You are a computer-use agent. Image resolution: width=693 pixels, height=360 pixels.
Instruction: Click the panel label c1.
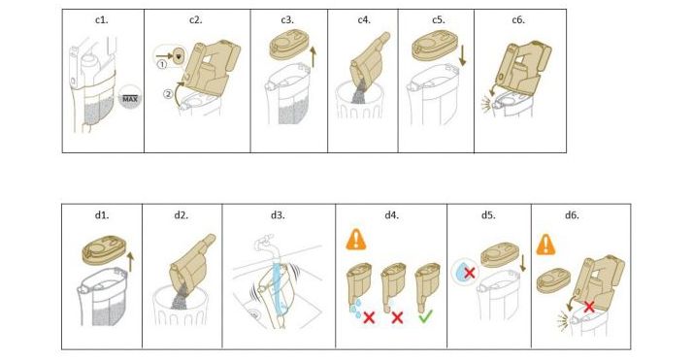pyautogui.click(x=101, y=20)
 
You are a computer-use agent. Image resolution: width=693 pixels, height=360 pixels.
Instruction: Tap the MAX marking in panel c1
pyautogui.click(x=130, y=99)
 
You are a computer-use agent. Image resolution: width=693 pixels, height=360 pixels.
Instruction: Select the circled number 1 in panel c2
pyautogui.click(x=162, y=64)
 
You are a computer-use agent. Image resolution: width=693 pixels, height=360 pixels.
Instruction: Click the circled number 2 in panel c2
pyautogui.click(x=168, y=94)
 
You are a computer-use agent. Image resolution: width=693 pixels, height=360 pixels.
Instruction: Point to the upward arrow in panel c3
pyautogui.click(x=313, y=57)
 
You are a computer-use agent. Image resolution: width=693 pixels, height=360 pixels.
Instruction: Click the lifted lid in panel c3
pyautogui.click(x=287, y=44)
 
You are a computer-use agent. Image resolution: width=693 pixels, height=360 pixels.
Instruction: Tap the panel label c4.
pyautogui.click(x=364, y=20)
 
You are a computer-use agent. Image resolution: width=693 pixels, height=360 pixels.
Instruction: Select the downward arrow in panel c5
pyautogui.click(x=462, y=56)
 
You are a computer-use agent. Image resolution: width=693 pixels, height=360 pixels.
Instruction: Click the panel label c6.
pyautogui.click(x=518, y=20)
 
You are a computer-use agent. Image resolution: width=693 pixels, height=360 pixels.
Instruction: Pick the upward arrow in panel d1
pyautogui.click(x=130, y=262)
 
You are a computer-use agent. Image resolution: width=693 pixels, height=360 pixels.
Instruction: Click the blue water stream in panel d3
pyautogui.click(x=279, y=287)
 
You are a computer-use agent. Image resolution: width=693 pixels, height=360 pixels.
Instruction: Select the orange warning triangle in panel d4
pyautogui.click(x=356, y=240)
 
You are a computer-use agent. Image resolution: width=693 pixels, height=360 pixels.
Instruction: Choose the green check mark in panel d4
pyautogui.click(x=425, y=315)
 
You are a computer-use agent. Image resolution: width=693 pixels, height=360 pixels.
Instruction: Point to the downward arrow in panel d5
pyautogui.click(x=523, y=262)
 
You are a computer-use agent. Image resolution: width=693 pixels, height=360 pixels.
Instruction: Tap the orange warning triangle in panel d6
pyautogui.click(x=545, y=245)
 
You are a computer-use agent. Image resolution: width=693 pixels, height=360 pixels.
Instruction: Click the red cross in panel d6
pyautogui.click(x=589, y=307)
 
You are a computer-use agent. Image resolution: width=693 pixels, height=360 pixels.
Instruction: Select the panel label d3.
pyautogui.click(x=278, y=215)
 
